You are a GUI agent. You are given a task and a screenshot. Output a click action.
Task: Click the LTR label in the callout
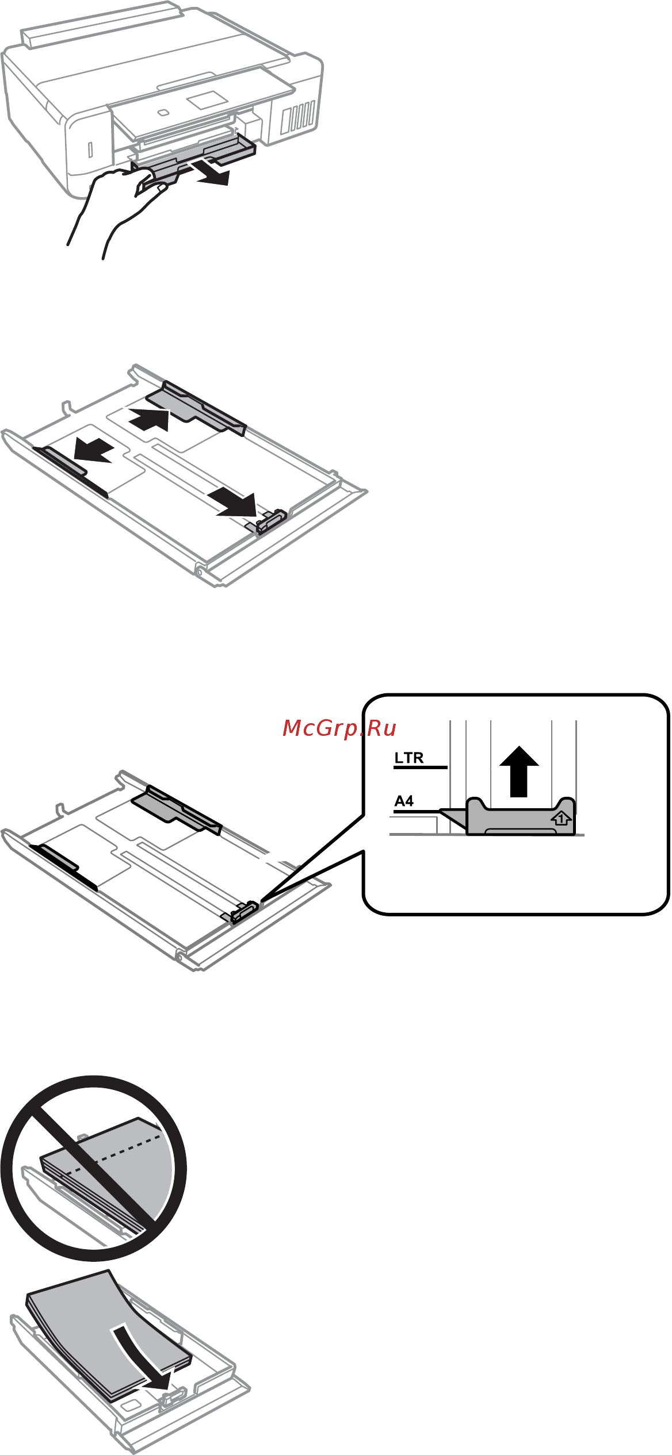click(x=409, y=758)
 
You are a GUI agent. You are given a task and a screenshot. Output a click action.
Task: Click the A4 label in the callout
click(x=404, y=801)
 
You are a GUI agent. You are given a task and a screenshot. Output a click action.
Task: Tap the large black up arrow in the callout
click(x=519, y=771)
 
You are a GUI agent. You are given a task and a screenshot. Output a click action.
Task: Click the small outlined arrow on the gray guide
click(x=561, y=818)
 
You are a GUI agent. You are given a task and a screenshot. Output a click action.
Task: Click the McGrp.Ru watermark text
click(x=339, y=728)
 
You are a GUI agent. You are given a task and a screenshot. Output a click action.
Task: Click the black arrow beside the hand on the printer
click(x=212, y=173)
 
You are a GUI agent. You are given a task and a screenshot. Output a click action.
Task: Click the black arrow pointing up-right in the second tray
click(x=149, y=420)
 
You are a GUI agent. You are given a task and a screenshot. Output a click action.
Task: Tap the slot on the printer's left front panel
click(x=90, y=149)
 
